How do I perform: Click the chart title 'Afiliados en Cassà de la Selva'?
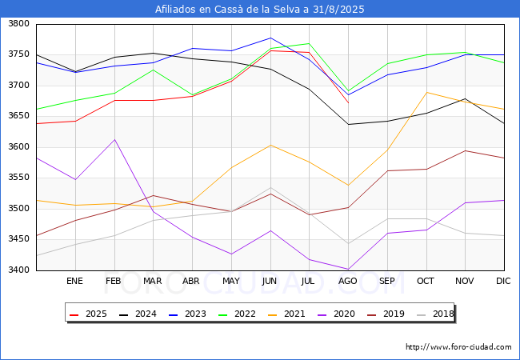pyautogui.click(x=229, y=9)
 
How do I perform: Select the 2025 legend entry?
pyautogui.click(x=88, y=314)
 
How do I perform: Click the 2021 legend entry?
pyautogui.click(x=286, y=314)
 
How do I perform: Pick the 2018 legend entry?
pyautogui.click(x=435, y=314)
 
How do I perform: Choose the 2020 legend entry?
pyautogui.click(x=336, y=314)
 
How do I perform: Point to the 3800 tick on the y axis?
pyautogui.click(x=18, y=24)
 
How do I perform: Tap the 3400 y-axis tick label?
pyautogui.click(x=18, y=270)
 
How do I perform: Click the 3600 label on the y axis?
pyautogui.click(x=18, y=147)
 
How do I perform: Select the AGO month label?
pyautogui.click(x=347, y=281)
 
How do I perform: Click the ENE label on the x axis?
pyautogui.click(x=74, y=281)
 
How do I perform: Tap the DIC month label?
pyautogui.click(x=503, y=281)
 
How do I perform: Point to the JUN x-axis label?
pyautogui.click(x=270, y=281)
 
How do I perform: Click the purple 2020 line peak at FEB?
pyautogui.click(x=114, y=139)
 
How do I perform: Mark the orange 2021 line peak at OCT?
pyautogui.click(x=426, y=92)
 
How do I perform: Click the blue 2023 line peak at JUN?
pyautogui.click(x=270, y=38)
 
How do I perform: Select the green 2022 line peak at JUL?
pyautogui.click(x=310, y=43)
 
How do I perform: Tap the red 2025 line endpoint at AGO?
pyautogui.click(x=348, y=102)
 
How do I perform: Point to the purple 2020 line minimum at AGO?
pyautogui.click(x=348, y=269)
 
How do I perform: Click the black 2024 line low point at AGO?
pyautogui.click(x=348, y=124)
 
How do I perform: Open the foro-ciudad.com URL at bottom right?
pyautogui.click(x=458, y=347)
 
